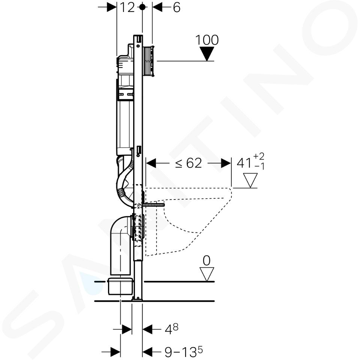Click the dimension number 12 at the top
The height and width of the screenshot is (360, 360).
(127, 7)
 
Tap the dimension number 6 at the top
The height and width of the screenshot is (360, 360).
(177, 7)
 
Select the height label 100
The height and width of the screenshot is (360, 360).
(207, 40)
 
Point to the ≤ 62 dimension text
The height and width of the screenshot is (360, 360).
(189, 163)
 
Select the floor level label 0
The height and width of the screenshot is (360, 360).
(207, 261)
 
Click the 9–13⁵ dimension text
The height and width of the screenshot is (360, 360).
(184, 351)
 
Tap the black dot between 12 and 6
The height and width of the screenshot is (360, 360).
(142, 7)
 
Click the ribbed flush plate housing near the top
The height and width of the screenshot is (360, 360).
(149, 61)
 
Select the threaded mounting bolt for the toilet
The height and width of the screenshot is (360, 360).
(154, 205)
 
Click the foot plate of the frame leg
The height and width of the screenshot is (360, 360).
(137, 299)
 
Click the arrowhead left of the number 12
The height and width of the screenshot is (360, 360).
(112, 7)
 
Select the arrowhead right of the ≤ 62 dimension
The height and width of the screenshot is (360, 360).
(226, 163)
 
